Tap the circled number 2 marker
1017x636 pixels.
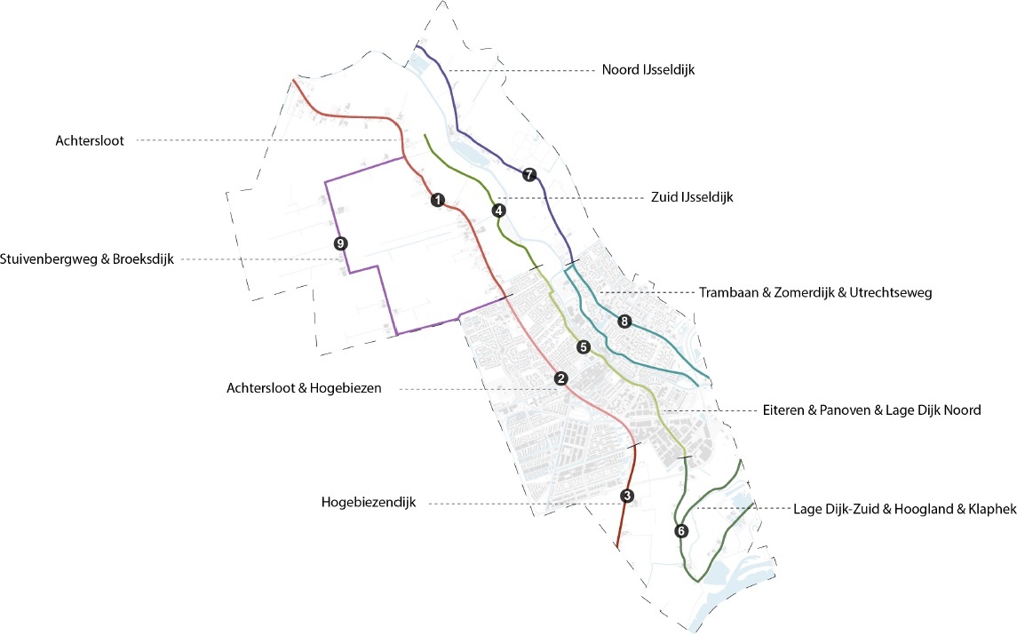[x=560, y=378]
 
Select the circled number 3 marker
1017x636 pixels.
[x=627, y=497]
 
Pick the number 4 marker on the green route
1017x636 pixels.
[x=498, y=211]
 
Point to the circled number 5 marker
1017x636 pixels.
[x=583, y=347]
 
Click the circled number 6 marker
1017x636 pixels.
[x=681, y=531]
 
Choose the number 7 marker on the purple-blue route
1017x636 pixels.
[x=529, y=174]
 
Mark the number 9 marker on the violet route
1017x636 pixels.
[x=338, y=242]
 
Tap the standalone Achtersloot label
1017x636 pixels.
[x=88, y=140]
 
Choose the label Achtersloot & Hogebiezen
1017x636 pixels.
[x=304, y=388]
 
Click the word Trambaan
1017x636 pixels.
[x=725, y=292]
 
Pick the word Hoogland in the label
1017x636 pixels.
[x=925, y=510]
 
